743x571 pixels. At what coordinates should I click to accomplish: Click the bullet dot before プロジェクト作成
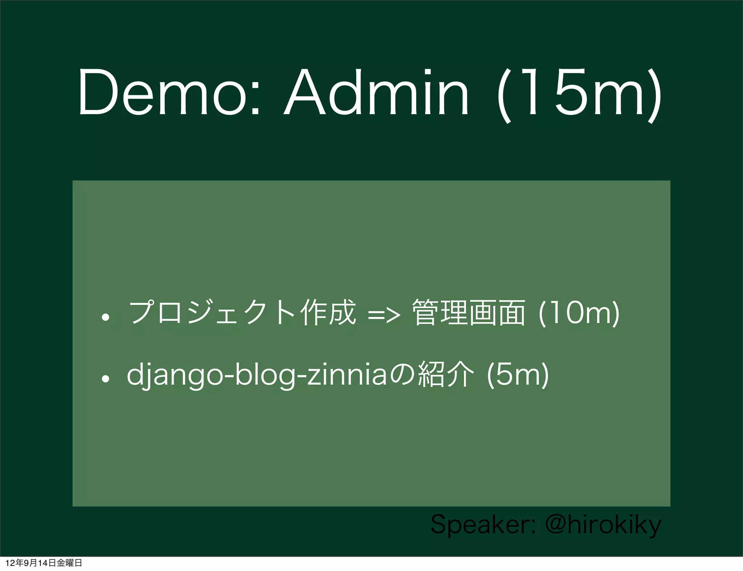click(106, 318)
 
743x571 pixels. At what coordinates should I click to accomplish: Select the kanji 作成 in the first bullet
click(328, 312)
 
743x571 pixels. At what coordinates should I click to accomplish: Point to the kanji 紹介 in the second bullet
click(446, 375)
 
